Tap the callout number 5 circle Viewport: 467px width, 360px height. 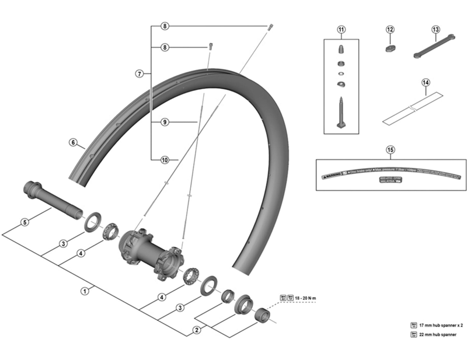(24, 222)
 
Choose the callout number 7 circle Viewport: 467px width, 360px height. (139, 74)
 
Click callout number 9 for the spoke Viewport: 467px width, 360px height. (165, 122)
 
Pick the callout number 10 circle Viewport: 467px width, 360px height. (165, 159)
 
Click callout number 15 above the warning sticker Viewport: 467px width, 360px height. (390, 149)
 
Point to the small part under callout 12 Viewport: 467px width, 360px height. (390, 48)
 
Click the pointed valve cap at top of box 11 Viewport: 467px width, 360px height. (341, 46)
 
